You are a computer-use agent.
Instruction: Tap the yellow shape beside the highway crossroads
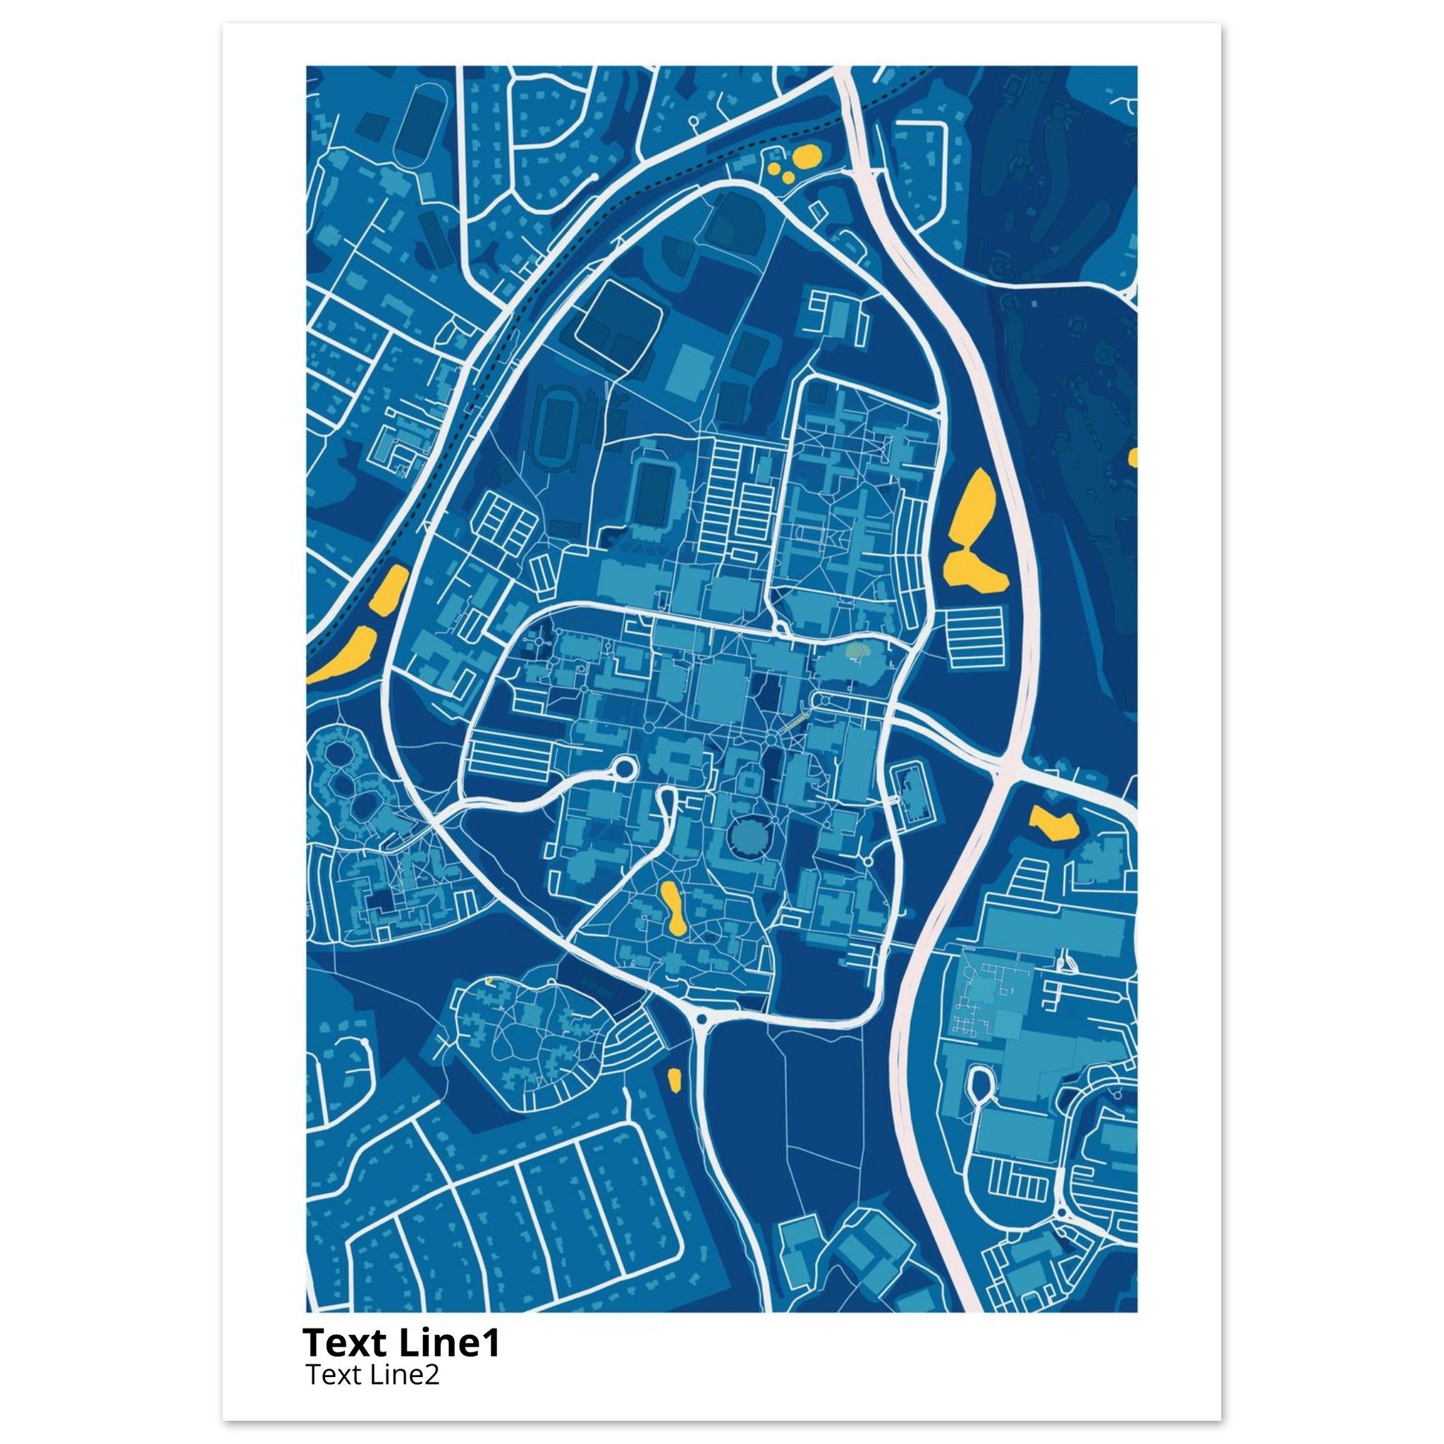click(1054, 824)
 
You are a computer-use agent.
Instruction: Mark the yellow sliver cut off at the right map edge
click(1133, 457)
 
